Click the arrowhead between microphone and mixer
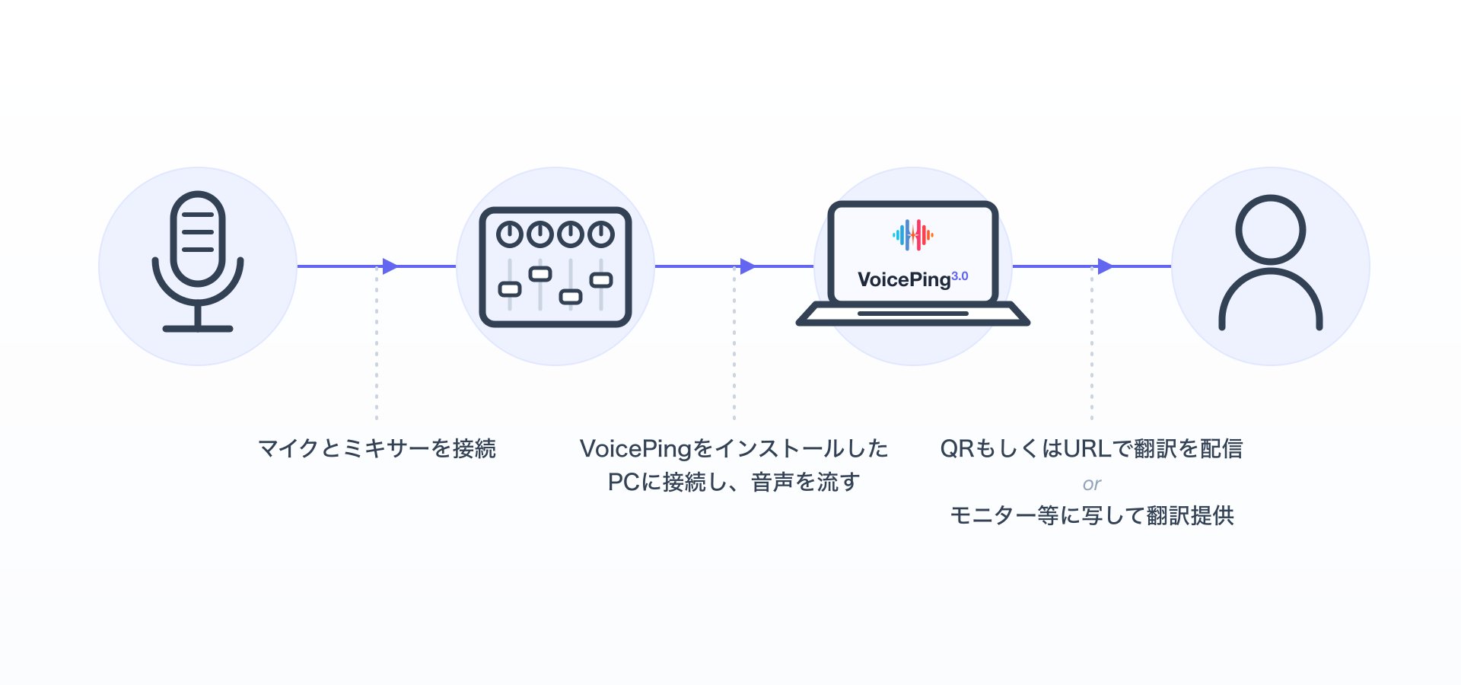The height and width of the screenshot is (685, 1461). click(390, 266)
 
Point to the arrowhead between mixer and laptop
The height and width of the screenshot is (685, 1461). click(748, 266)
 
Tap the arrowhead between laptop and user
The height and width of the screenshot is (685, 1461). click(1106, 266)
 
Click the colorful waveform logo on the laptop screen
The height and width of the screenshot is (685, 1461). click(913, 235)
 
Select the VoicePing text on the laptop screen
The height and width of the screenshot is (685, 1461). click(904, 280)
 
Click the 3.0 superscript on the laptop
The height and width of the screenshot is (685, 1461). click(960, 276)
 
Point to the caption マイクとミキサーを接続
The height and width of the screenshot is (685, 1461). click(377, 448)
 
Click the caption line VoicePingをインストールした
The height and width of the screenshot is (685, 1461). click(734, 448)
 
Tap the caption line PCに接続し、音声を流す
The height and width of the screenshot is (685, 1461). click(734, 482)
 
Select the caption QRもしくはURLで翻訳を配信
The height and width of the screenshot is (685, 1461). click(1092, 448)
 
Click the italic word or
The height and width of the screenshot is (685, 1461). click(1092, 484)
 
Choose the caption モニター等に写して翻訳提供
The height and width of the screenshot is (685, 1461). click(1092, 515)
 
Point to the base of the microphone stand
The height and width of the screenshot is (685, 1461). click(198, 329)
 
